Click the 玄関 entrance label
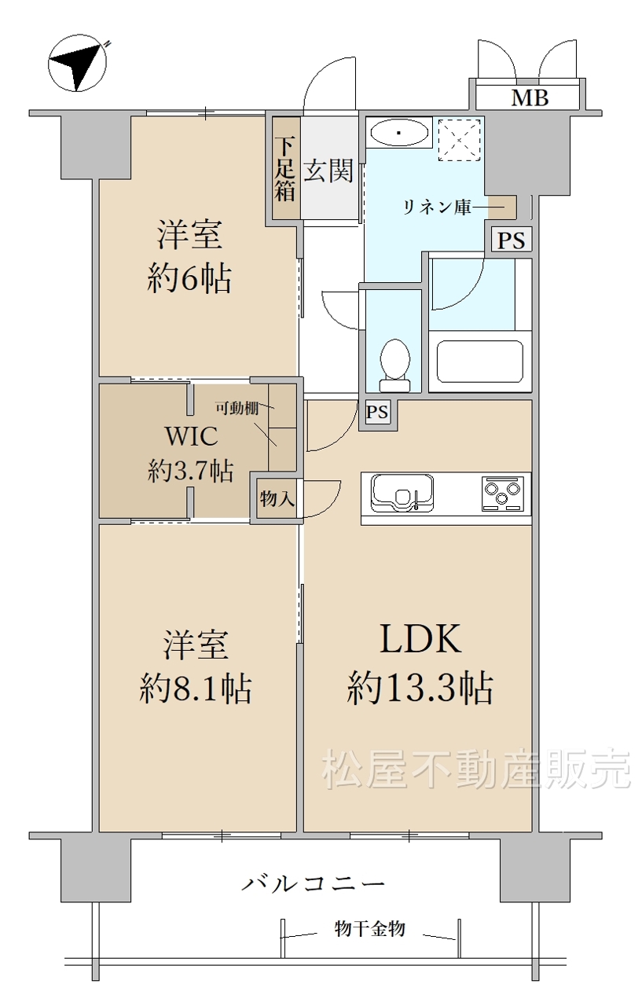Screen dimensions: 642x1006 tap(328, 171)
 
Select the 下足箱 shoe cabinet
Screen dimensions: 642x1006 tap(285, 168)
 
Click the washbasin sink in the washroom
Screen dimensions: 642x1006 tap(399, 132)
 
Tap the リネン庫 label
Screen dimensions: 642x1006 tap(436, 207)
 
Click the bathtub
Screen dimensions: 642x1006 tap(480, 362)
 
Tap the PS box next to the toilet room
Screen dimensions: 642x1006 tap(377, 412)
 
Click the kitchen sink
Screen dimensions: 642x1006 tap(402, 493)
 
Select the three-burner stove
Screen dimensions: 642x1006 tap(502, 494)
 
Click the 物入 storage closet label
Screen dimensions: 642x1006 tap(277, 498)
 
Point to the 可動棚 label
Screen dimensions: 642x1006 tap(237, 408)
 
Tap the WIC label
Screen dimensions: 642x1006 tap(192, 435)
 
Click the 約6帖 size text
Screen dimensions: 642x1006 tap(189, 278)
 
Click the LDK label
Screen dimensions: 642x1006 tap(420, 639)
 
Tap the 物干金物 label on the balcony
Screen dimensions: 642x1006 tap(370, 929)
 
